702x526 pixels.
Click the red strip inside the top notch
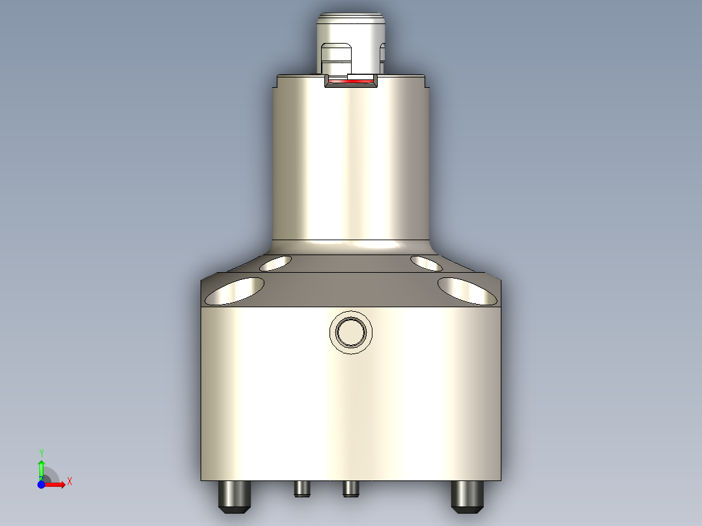[x=351, y=81]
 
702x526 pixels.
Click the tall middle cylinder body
[x=350, y=163]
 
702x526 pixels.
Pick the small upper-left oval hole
[x=275, y=263]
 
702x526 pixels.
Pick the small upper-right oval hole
[x=427, y=263]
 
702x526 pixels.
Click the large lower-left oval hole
[x=235, y=291]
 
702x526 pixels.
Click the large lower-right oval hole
[x=467, y=291]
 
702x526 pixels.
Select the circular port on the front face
[x=352, y=333]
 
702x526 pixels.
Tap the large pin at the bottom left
[x=234, y=496]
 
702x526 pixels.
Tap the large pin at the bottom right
[x=468, y=496]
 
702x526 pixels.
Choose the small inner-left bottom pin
[x=301, y=488]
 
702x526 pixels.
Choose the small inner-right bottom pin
[x=350, y=488]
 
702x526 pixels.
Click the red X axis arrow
[x=57, y=484]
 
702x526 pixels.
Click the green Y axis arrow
[x=41, y=467]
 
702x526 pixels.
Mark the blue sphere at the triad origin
[x=41, y=484]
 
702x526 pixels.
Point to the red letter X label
[x=69, y=481]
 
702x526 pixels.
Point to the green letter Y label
[x=41, y=452]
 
